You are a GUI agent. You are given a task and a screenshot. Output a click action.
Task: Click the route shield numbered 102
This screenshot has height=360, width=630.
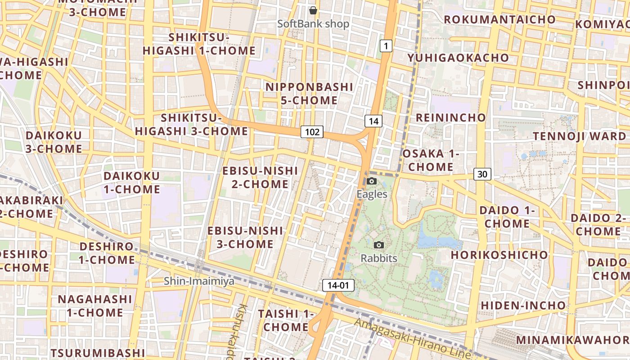pos(312,132)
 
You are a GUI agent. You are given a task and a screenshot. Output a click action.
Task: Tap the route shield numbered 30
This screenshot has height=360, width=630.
pos(482,174)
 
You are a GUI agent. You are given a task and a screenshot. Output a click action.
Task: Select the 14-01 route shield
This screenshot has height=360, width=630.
pos(338,285)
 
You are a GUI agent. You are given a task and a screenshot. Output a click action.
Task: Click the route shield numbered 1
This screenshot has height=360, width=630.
pos(386,45)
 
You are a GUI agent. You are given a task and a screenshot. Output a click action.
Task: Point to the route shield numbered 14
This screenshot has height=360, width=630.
pos(373,121)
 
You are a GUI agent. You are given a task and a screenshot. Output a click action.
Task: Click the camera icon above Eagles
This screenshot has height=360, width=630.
pos(372,181)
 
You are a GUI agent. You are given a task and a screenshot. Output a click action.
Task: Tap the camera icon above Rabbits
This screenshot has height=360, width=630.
pos(379,245)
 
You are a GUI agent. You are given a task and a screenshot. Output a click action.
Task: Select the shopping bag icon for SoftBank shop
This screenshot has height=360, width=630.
pos(313,10)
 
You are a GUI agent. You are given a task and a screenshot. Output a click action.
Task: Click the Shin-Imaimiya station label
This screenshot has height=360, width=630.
pos(199,281)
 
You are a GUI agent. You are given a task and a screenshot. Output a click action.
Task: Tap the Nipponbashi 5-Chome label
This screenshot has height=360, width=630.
pos(309,94)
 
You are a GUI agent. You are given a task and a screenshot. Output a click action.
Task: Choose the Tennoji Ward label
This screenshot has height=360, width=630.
pos(579,136)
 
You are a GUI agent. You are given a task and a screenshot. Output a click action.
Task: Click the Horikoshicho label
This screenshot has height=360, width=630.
pos(499,255)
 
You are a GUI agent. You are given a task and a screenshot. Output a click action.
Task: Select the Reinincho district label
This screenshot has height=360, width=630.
pos(450,118)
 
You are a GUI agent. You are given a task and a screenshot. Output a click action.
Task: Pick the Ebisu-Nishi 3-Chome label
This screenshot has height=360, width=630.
pos(245,238)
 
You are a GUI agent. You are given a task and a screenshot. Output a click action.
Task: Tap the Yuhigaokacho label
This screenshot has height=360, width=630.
pos(458,58)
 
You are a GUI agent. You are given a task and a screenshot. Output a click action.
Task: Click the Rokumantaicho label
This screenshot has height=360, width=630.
pos(500,19)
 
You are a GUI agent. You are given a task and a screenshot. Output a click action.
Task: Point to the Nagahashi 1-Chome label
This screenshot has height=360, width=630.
pos(95,306)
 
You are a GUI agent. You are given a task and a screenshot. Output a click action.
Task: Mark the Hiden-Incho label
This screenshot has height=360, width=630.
pos(523,306)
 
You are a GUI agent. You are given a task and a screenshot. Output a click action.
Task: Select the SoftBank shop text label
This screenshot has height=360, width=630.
pos(313,24)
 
